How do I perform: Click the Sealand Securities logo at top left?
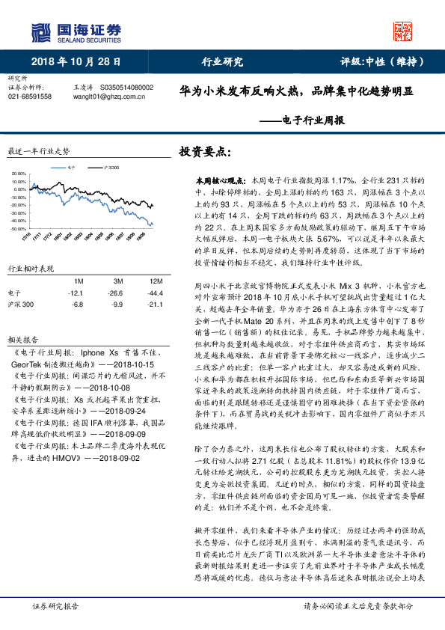pyautogui.click(x=76, y=32)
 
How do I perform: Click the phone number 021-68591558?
pyautogui.click(x=30, y=97)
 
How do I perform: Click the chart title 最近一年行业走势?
pyautogui.click(x=38, y=150)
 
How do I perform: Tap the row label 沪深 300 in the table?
pyautogui.click(x=21, y=305)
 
